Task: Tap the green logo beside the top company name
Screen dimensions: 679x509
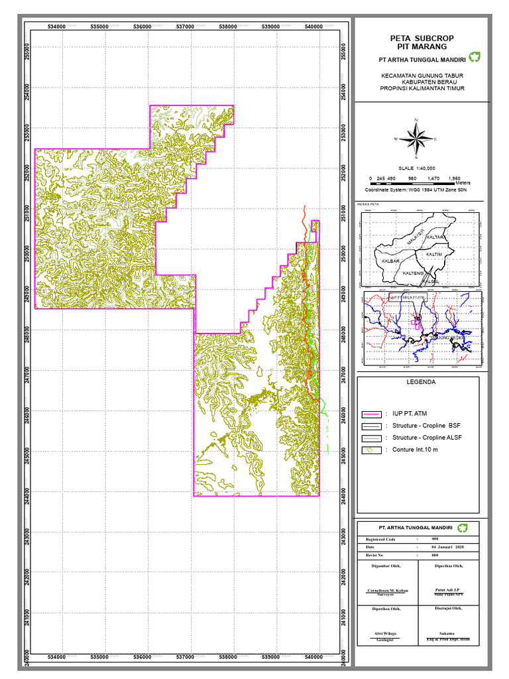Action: click(474, 57)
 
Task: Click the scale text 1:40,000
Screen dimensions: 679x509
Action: click(416, 169)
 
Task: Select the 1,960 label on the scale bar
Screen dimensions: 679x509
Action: click(454, 178)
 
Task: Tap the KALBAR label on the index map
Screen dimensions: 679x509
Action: click(391, 261)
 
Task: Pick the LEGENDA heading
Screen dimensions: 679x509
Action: click(420, 383)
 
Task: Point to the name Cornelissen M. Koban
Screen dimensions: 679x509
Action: click(388, 590)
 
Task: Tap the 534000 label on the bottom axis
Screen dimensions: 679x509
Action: click(57, 657)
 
